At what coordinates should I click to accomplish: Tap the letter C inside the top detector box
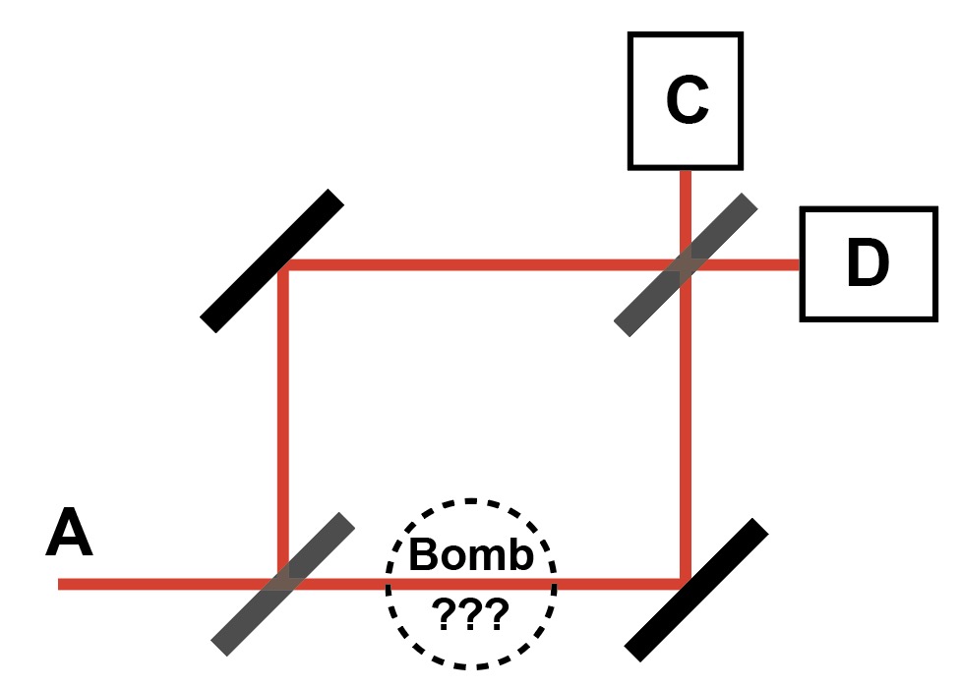pos(686,101)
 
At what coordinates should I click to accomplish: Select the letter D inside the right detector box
pos(868,263)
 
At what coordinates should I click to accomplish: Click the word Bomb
pos(471,554)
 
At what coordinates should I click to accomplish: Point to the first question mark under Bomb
pos(445,614)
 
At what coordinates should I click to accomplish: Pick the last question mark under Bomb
pos(498,614)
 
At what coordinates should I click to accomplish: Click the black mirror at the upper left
pos(272,260)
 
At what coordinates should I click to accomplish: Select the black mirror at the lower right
pos(697,589)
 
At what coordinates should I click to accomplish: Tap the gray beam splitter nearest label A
pos(283,584)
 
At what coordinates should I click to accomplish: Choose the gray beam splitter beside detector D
pos(686,265)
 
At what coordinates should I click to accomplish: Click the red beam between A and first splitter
pos(157,584)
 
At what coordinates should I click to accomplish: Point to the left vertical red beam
pos(283,423)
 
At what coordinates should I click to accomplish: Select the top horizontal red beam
pos(472,264)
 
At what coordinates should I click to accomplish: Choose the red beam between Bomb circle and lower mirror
pos(620,584)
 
